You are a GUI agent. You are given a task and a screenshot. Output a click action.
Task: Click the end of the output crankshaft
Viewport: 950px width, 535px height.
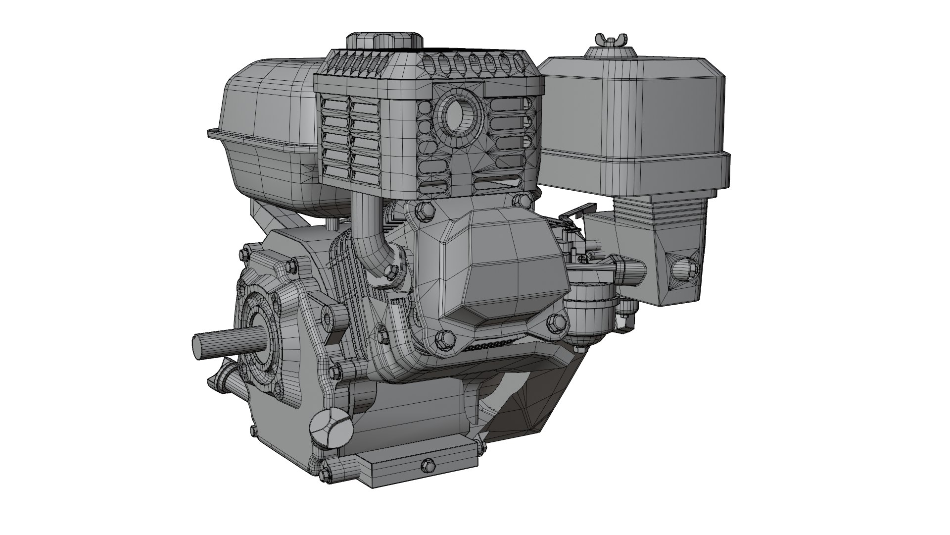click(x=198, y=343)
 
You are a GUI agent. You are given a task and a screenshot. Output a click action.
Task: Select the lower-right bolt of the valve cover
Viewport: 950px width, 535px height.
click(x=557, y=323)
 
